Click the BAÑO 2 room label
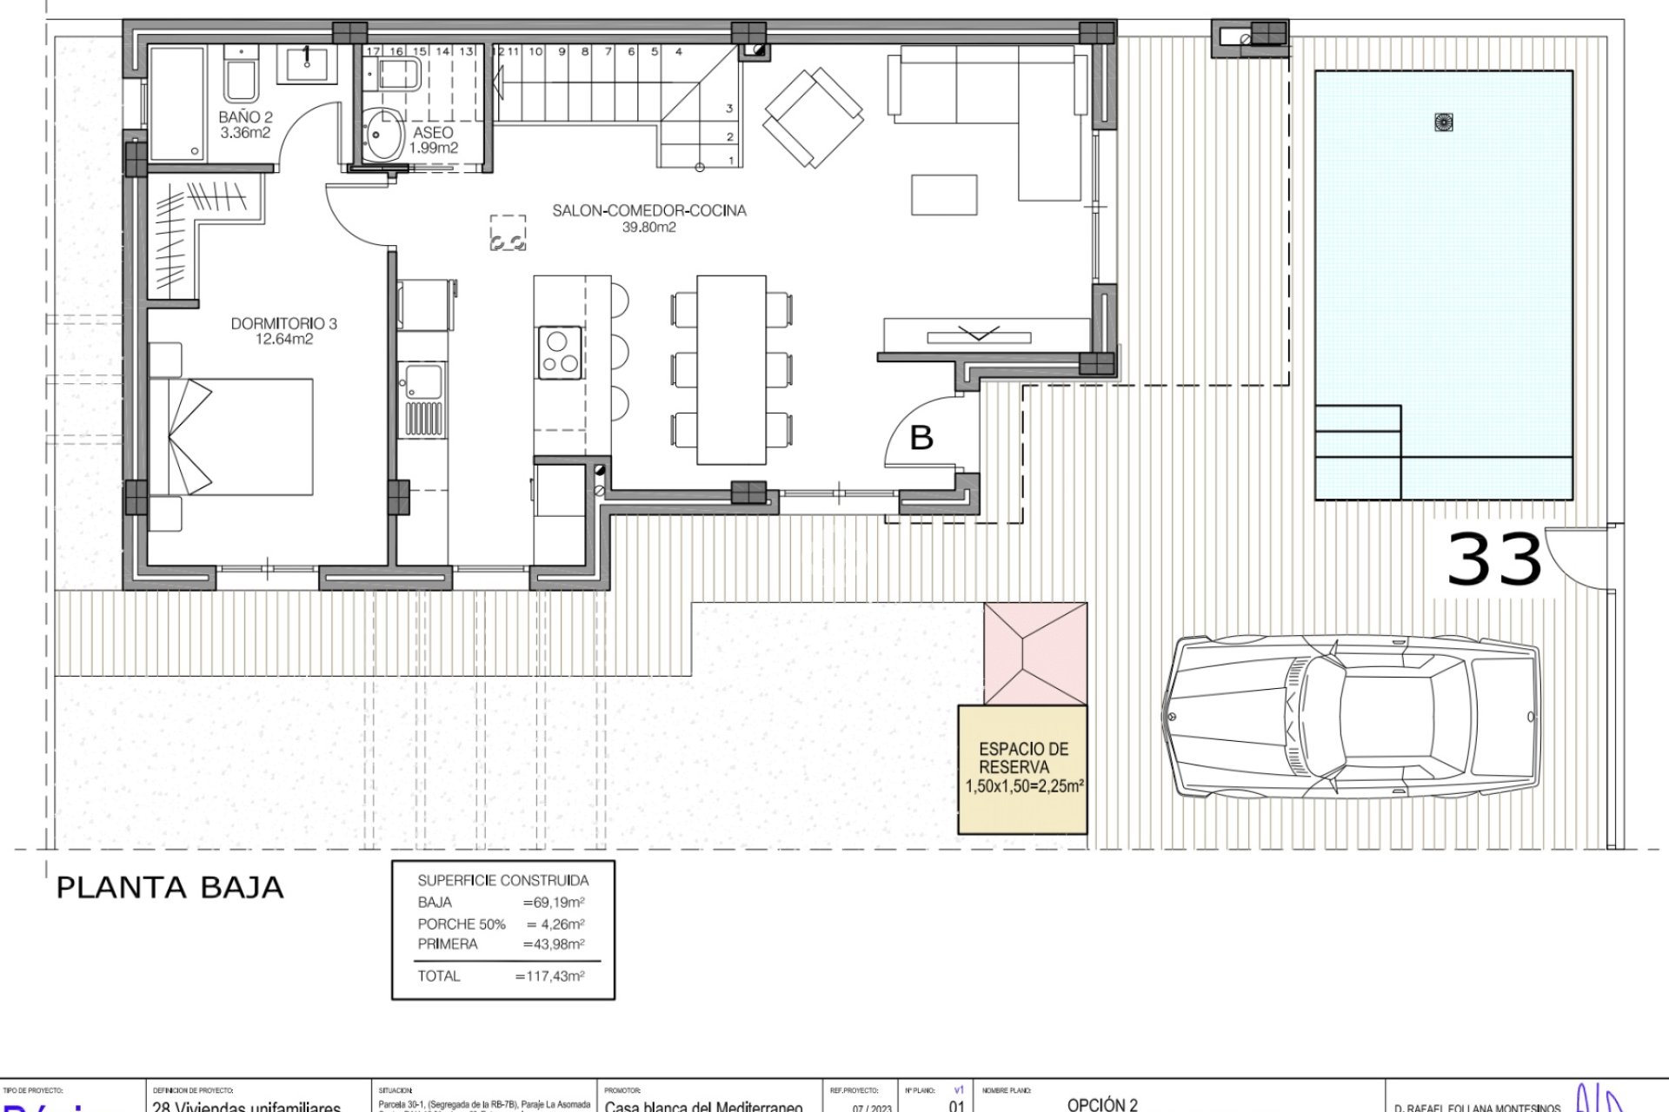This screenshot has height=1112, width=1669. click(245, 125)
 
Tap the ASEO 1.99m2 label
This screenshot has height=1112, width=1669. click(433, 140)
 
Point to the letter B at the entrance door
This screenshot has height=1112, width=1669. click(921, 438)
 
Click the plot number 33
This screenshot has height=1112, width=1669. click(1493, 560)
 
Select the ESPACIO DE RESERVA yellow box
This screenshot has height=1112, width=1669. click(1022, 769)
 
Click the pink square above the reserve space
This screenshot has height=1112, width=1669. click(1035, 653)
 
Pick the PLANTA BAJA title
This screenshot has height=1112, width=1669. click(170, 888)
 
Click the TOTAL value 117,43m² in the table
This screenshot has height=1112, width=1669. click(549, 976)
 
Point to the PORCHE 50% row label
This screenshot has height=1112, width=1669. click(461, 924)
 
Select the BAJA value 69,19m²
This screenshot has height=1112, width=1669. click(553, 903)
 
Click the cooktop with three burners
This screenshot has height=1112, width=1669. click(559, 351)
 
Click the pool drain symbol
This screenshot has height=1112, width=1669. click(1444, 122)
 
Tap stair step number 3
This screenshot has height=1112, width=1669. click(729, 109)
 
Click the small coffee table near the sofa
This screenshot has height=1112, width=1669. click(944, 195)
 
